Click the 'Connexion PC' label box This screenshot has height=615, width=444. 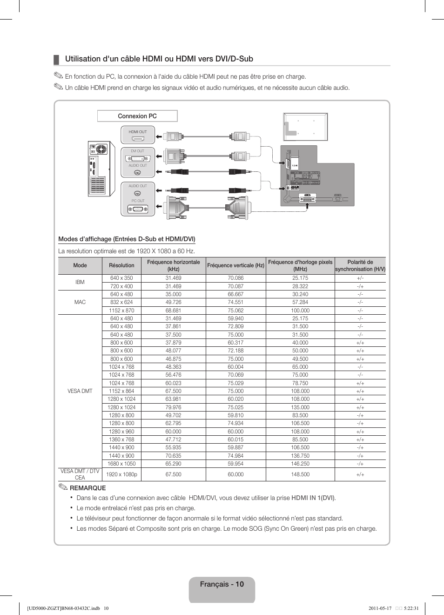click(137, 116)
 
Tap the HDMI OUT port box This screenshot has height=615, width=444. click(138, 135)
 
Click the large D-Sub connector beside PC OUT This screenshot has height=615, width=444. click(177, 208)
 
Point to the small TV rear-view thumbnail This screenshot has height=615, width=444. click(306, 127)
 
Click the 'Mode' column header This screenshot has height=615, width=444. click(80, 265)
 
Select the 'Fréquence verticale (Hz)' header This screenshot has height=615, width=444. click(235, 265)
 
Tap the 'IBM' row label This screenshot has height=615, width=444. click(80, 282)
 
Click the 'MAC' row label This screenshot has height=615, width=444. click(80, 302)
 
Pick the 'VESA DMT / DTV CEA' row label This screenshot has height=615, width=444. click(80, 474)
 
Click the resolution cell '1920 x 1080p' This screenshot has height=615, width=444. click(121, 474)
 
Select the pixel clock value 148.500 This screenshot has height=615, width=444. click(300, 474)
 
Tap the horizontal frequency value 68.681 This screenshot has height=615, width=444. click(173, 311)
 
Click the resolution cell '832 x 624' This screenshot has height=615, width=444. click(121, 302)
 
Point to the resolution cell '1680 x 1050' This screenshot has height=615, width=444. click(121, 464)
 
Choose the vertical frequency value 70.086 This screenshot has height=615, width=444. click(235, 278)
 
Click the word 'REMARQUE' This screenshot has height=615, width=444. click(87, 488)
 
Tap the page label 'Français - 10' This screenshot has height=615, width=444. click(222, 584)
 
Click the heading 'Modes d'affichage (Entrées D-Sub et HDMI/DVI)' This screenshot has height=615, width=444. click(127, 239)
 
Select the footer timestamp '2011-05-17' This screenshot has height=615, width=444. click(380, 608)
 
